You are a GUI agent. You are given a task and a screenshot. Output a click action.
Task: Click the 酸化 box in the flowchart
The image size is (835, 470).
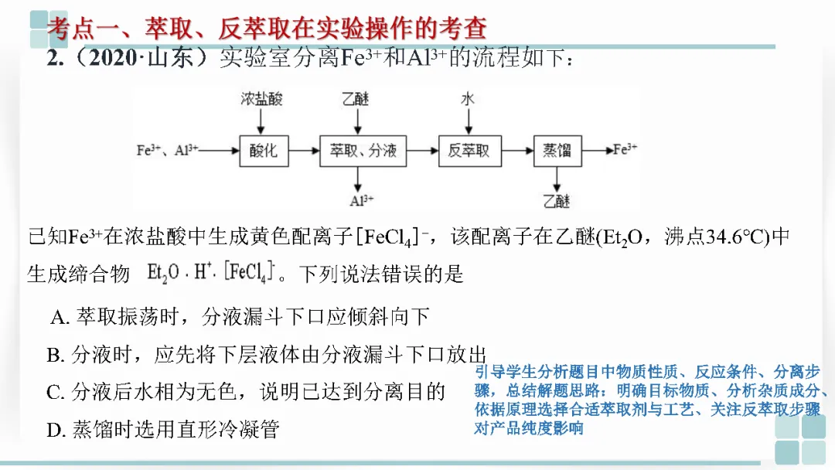click(264, 150)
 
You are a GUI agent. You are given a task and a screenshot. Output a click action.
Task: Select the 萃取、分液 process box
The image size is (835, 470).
click(363, 150)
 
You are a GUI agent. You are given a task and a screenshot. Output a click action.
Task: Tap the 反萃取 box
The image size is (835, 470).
click(469, 150)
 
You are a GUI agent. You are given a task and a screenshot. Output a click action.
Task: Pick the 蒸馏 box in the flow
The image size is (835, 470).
click(557, 150)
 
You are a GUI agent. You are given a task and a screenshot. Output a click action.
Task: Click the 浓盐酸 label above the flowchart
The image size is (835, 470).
click(261, 99)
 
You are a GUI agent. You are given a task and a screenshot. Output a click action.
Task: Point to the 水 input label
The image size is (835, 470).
click(468, 99)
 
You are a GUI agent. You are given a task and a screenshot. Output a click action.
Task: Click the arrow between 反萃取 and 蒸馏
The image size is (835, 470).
click(517, 150)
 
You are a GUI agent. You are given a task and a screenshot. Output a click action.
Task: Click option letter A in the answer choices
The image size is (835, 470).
click(60, 317)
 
